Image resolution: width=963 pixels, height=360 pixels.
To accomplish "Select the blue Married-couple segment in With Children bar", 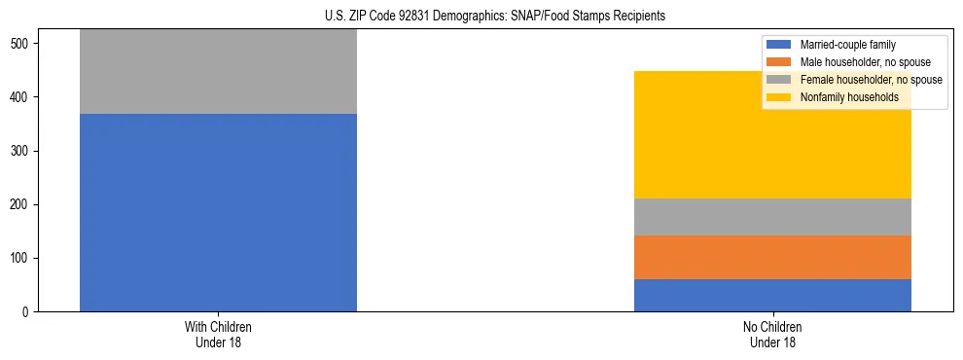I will tap(218, 212).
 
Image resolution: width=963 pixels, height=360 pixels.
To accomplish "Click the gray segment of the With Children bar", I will tap(218, 72).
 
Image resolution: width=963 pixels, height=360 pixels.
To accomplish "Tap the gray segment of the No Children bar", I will tap(772, 217).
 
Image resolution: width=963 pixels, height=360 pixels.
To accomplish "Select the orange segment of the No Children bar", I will tap(772, 257).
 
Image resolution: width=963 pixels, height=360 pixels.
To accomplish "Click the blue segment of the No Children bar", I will tap(772, 295).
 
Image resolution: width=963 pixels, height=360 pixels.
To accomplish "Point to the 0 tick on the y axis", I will tap(28, 311).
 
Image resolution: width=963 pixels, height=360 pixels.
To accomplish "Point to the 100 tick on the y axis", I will tap(22, 258).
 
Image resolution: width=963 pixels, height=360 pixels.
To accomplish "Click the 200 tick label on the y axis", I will tap(22, 204).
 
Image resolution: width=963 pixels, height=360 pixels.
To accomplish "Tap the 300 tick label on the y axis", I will tap(22, 151).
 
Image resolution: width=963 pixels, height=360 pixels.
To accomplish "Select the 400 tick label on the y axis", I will tap(22, 97).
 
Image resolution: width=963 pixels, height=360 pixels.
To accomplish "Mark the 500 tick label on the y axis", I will tap(22, 44).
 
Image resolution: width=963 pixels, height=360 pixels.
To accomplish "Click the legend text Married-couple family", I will tap(847, 45).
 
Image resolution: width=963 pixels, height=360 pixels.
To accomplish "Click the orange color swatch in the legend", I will tap(778, 62).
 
